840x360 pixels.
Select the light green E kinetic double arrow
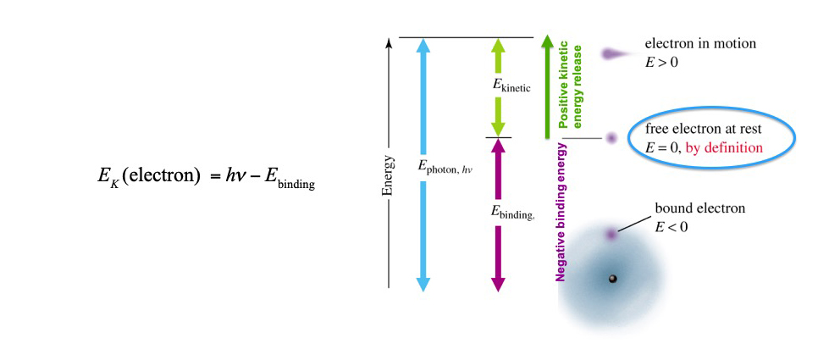(x=498, y=68)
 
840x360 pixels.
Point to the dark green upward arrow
(x=547, y=85)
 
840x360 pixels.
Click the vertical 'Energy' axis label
(x=388, y=174)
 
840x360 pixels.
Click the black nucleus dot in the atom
(x=612, y=279)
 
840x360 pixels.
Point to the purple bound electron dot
(x=610, y=233)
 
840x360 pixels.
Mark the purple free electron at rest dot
(x=611, y=137)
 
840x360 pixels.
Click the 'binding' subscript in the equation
(x=296, y=185)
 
